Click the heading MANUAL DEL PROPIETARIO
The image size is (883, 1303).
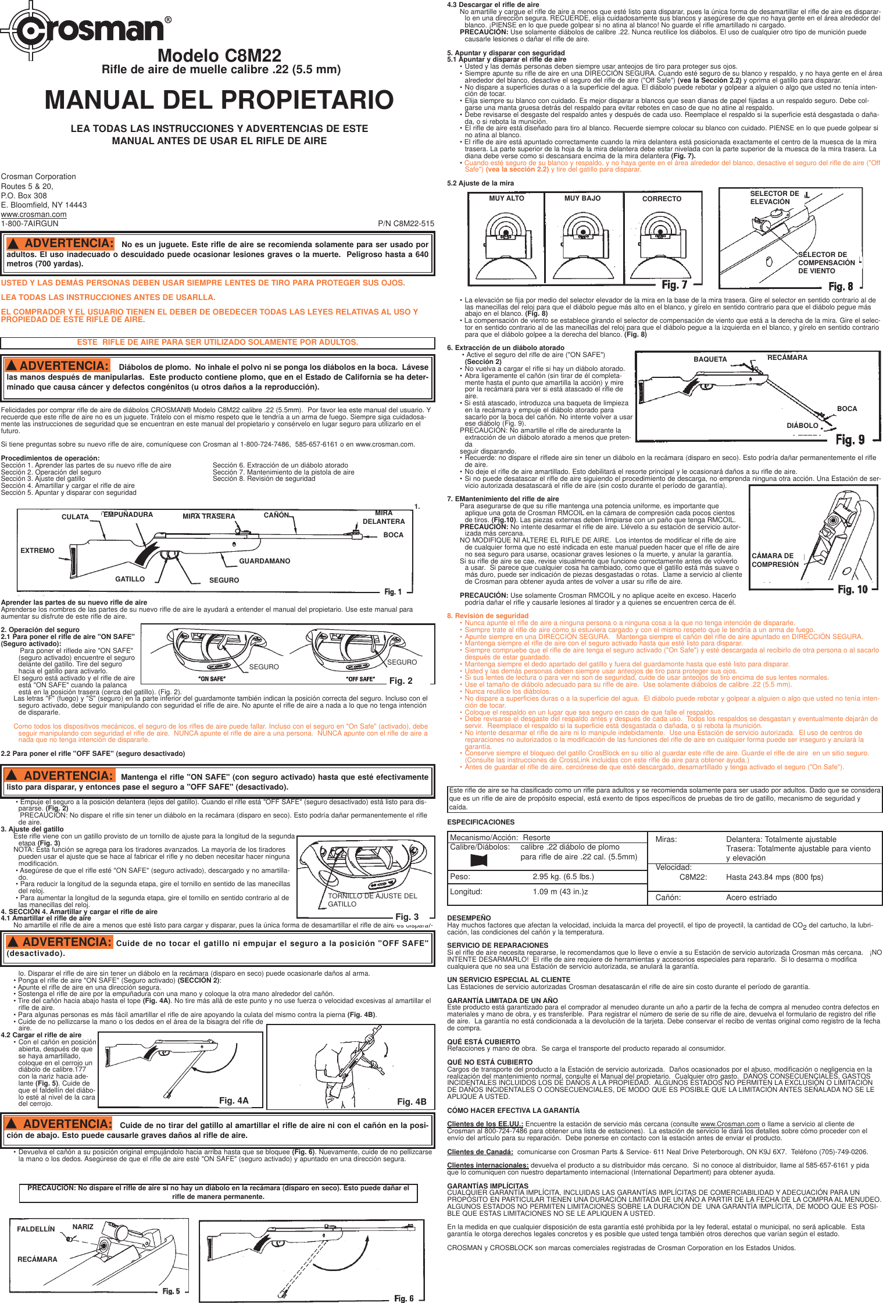coord(219,100)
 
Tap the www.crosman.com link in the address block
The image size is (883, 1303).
coord(34,215)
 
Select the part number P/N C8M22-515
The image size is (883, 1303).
coord(406,224)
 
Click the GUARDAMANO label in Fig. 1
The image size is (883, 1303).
coord(264,561)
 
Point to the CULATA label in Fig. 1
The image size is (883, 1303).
coord(75,517)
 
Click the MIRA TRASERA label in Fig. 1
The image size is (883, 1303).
coord(209,516)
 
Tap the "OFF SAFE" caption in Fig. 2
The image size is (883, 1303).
coord(360,679)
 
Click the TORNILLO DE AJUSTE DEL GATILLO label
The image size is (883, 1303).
coord(372,900)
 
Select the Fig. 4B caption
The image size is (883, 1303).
coord(412,1102)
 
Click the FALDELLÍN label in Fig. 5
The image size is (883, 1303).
coord(35,1229)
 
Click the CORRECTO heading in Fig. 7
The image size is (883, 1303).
coord(662,199)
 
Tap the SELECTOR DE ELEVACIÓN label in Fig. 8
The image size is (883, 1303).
coord(774,198)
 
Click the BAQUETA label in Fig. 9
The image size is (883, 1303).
coord(710,359)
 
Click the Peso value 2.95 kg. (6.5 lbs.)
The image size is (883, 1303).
coord(563,877)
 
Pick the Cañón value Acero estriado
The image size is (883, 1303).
coord(751,898)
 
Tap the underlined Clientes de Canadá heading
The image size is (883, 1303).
coord(480,1152)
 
